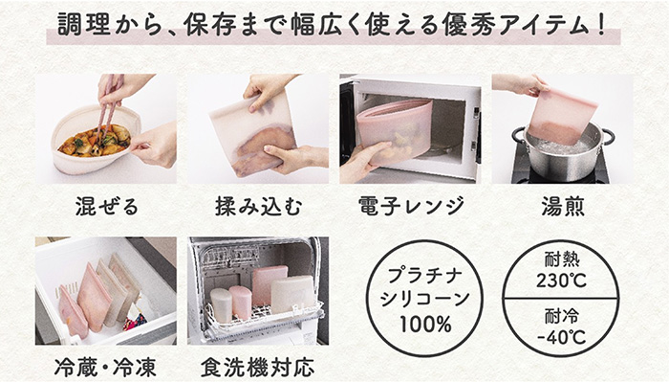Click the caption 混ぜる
click(107, 206)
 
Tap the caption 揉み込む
click(259, 206)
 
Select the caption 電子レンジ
click(410, 206)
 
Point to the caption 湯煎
click(563, 206)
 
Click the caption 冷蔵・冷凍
click(105, 368)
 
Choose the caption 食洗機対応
click(258, 368)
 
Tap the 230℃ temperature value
click(561, 281)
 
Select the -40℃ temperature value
click(561, 337)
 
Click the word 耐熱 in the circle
click(562, 259)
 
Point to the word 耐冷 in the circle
click(562, 317)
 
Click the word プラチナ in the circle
click(425, 276)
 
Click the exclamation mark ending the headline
click(601, 25)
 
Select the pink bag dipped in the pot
click(559, 116)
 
